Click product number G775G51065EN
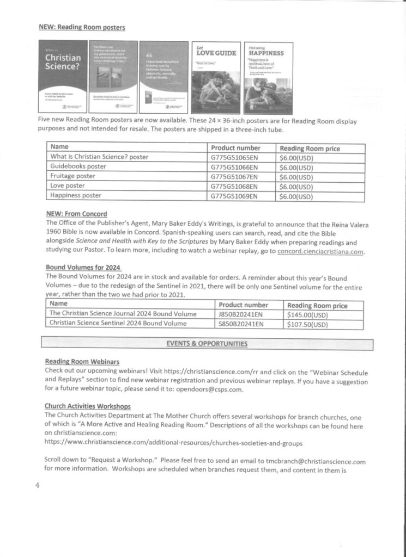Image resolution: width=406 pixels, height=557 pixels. pyautogui.click(x=234, y=158)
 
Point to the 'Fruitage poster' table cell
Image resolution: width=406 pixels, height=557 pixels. pyautogui.click(x=72, y=176)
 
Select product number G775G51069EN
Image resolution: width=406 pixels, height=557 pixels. pyautogui.click(x=234, y=195)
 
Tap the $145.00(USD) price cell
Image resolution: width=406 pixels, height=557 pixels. pyautogui.click(x=307, y=314)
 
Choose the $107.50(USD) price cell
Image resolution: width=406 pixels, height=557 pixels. pyautogui.click(x=307, y=324)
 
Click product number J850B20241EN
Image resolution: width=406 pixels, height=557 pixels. pyautogui.click(x=241, y=314)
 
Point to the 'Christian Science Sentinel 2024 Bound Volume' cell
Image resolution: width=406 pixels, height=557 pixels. pyautogui.click(x=118, y=324)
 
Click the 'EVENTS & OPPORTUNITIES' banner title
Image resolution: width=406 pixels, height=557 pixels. pyautogui.click(x=207, y=344)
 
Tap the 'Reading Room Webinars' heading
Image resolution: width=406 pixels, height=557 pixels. pyautogui.click(x=82, y=361)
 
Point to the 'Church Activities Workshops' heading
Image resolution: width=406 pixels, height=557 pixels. pyautogui.click(x=87, y=406)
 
